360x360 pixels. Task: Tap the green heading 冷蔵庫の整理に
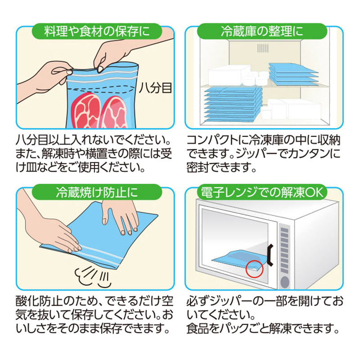[262, 31]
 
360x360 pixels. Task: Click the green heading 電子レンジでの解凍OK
[262, 192]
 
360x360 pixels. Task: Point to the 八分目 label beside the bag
[156, 88]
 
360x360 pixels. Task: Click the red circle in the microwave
[254, 269]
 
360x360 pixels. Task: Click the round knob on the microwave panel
[285, 282]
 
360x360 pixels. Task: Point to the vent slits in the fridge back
[263, 48]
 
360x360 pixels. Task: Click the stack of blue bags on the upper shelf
[293, 73]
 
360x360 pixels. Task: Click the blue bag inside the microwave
[238, 260]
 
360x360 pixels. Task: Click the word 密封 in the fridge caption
[198, 168]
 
